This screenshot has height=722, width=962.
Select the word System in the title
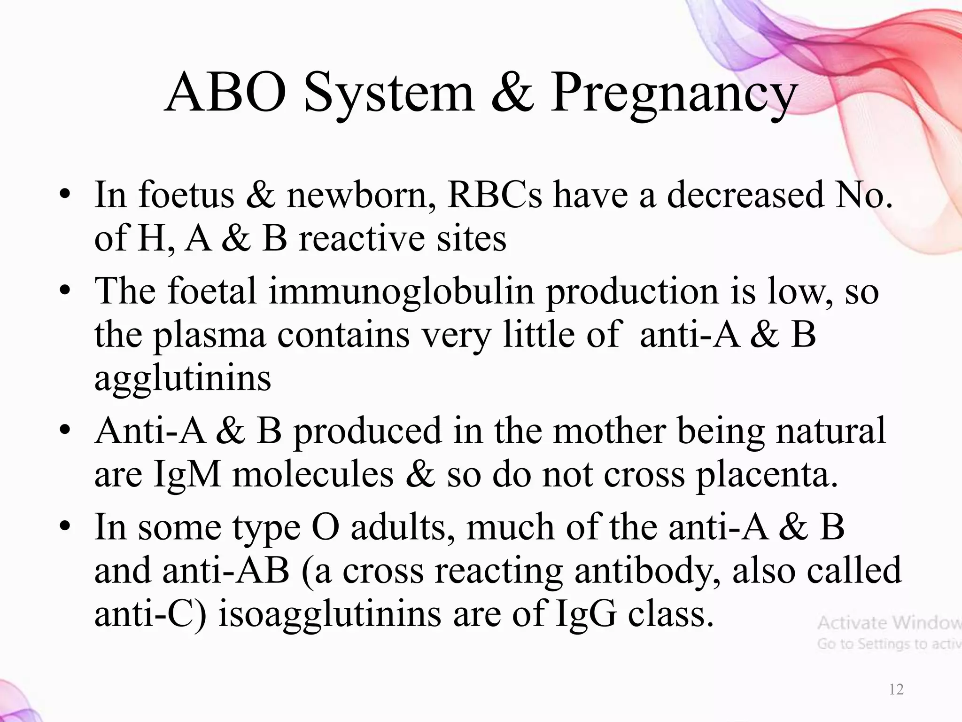(x=390, y=94)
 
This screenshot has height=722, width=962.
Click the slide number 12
(x=896, y=690)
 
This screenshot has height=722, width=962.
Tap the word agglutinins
(x=183, y=378)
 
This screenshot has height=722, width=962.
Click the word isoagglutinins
(x=329, y=614)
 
